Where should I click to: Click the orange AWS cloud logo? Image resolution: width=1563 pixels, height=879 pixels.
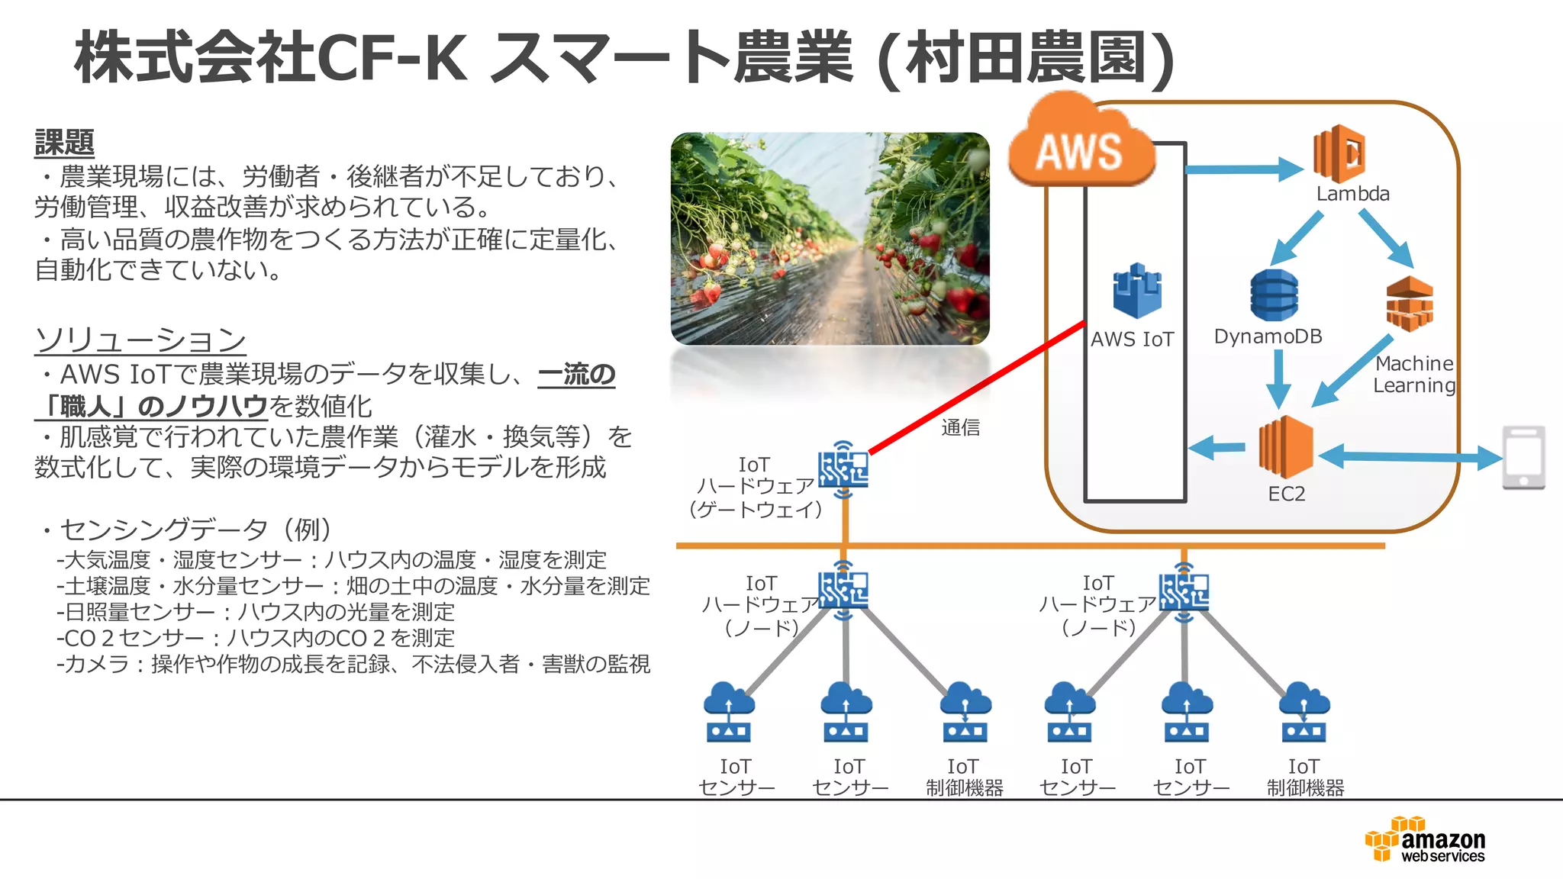[1081, 145]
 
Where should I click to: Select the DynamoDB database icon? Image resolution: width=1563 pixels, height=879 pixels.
[1274, 295]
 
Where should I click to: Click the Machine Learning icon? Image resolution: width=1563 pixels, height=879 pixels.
[1409, 304]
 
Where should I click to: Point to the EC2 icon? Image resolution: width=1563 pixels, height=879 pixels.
[1287, 447]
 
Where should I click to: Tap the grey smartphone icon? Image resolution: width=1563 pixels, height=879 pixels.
[1523, 457]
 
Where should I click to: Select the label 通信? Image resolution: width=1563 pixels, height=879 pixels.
[960, 428]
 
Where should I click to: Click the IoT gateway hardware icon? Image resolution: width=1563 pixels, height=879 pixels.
[843, 468]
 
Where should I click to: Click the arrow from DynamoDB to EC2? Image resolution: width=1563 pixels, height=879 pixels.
[1278, 378]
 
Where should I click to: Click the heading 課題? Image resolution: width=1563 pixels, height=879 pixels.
[64, 143]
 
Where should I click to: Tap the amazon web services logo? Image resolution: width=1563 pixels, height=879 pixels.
[1426, 840]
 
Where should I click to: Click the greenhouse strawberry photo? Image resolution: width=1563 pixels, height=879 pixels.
[830, 238]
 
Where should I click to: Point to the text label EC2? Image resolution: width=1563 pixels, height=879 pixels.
[1287, 494]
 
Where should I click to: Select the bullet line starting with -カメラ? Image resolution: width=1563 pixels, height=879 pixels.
[353, 665]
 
